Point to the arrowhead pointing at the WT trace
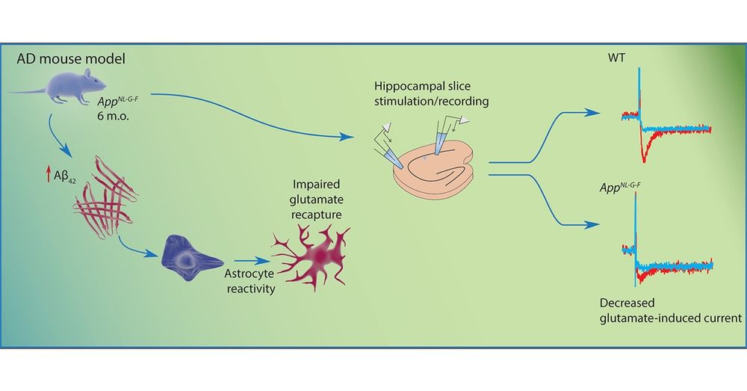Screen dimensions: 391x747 point(594,113)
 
